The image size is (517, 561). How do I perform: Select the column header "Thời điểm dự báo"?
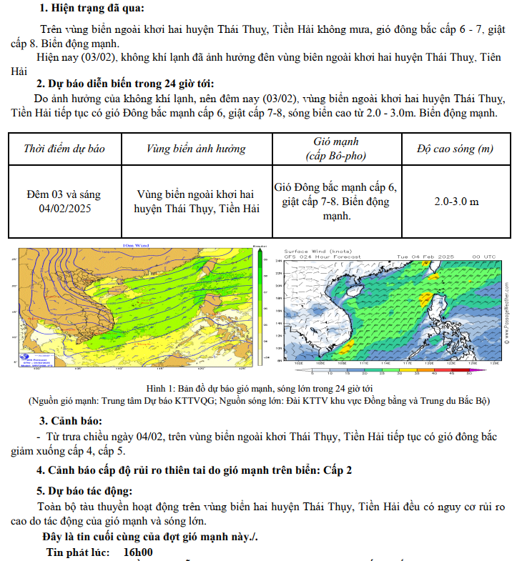point(64,149)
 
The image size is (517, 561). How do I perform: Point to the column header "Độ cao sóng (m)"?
point(456,149)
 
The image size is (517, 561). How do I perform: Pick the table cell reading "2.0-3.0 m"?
point(456,202)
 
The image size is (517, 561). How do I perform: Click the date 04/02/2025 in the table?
point(65,209)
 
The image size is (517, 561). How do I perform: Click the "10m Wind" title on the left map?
point(135,246)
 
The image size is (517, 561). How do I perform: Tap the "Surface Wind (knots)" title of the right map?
point(319,252)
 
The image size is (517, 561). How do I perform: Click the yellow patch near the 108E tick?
point(345,349)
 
